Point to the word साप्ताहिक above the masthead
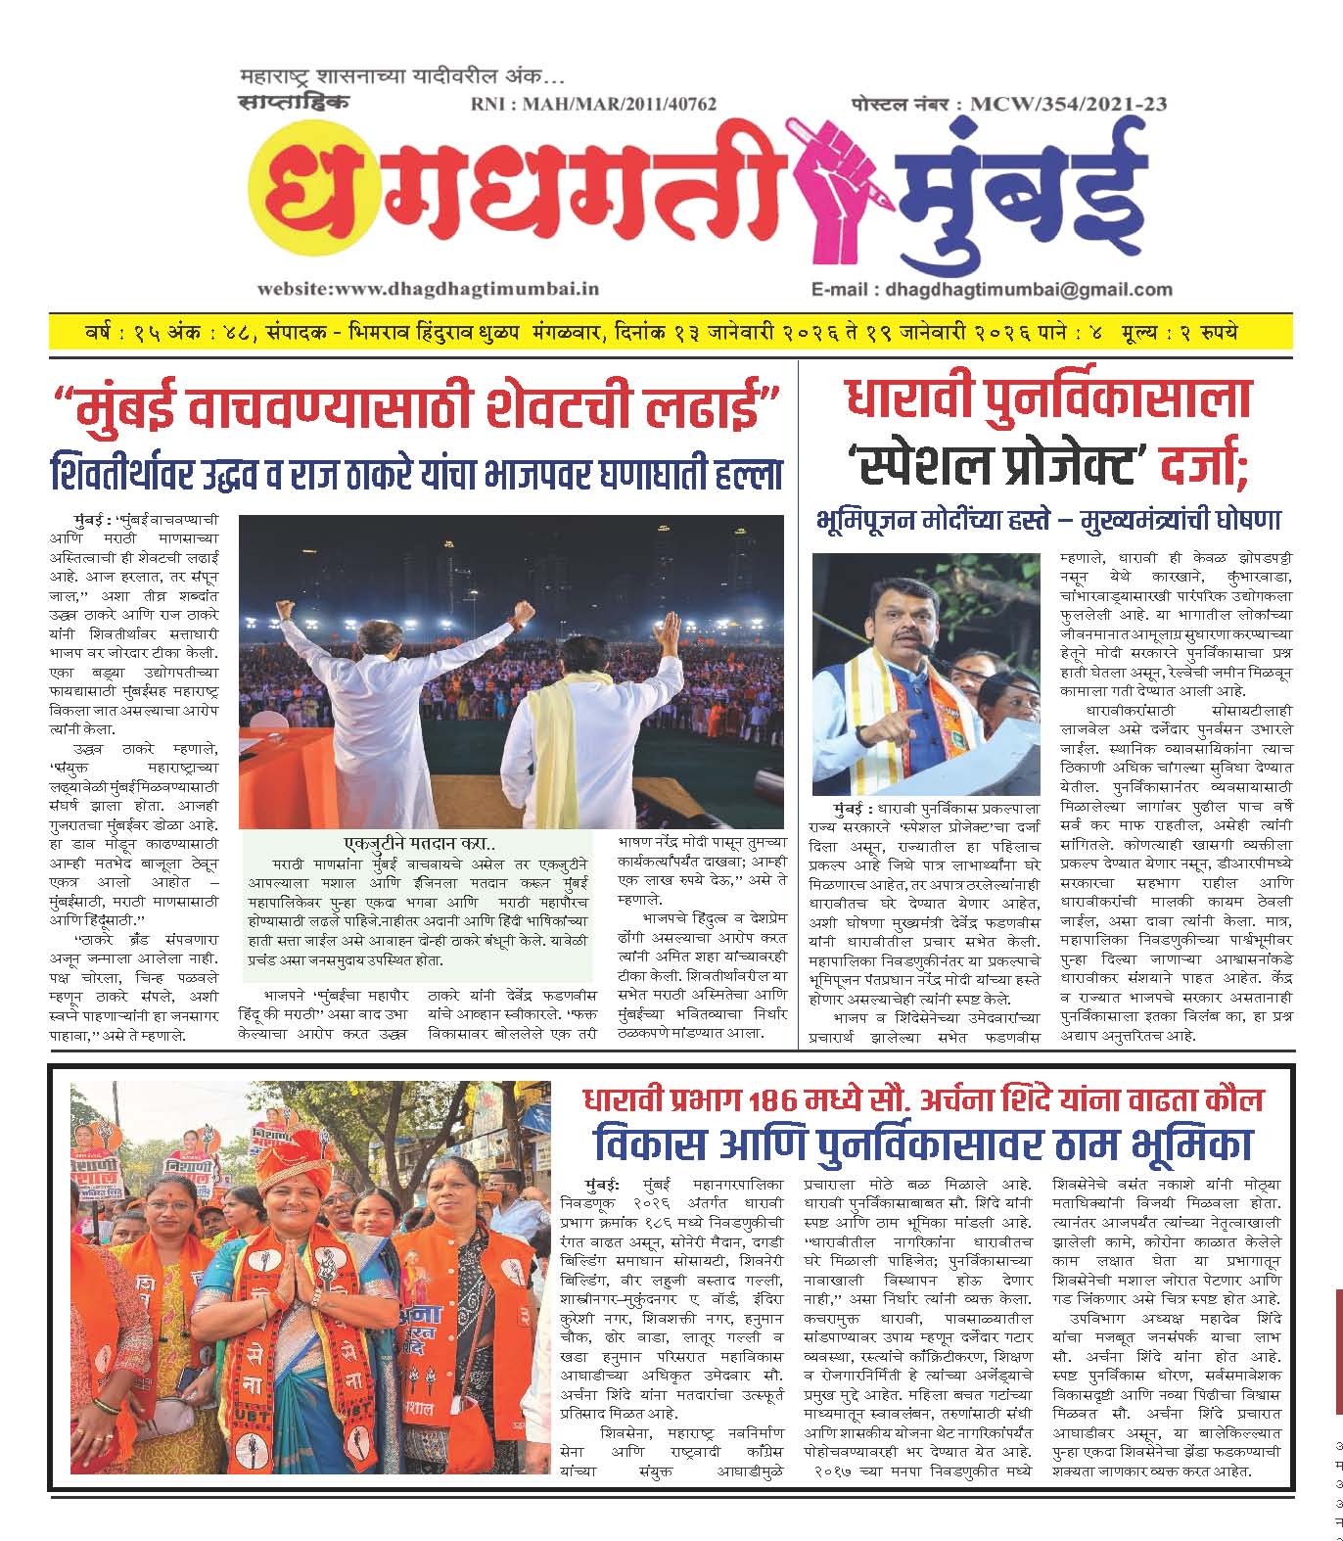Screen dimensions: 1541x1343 [292, 101]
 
